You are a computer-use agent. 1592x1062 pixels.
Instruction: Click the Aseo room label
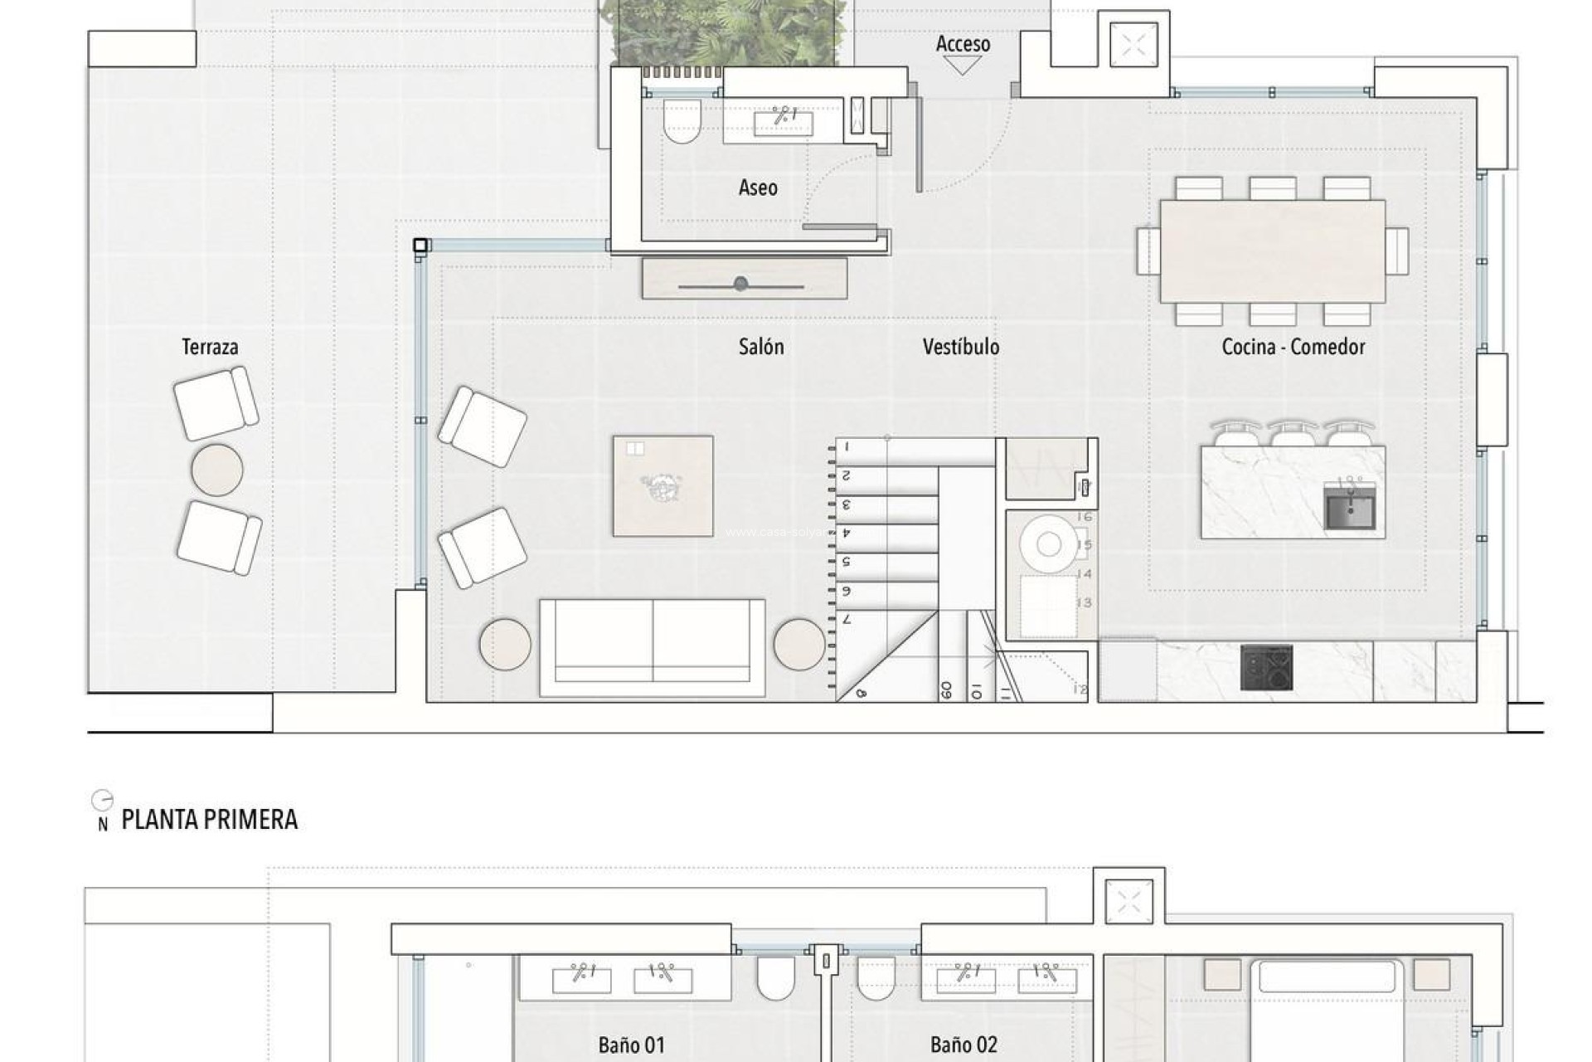point(758,188)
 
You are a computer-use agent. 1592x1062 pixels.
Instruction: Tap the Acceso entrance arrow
point(963,66)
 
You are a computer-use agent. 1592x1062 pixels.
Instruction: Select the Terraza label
point(210,347)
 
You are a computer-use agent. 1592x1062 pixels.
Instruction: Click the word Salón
point(761,347)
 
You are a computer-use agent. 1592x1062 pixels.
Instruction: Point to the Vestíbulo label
point(961,347)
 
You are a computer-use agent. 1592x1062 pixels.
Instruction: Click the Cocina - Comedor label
point(1293,347)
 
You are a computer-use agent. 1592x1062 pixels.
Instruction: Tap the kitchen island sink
point(1350,507)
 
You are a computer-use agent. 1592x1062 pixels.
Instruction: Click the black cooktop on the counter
point(1266,668)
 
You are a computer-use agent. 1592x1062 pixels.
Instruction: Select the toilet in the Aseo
point(682,121)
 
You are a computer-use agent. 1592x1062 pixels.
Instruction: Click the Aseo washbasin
point(783,123)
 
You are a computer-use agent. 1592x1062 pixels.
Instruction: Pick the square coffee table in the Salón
point(663,485)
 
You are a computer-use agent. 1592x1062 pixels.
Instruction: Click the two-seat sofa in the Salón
point(653,647)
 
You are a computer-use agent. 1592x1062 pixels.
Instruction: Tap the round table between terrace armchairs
point(217,470)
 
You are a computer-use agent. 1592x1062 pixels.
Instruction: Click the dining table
point(1272,251)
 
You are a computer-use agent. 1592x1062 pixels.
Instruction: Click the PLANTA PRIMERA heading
point(209,820)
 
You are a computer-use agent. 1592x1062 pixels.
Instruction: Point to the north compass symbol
point(102,801)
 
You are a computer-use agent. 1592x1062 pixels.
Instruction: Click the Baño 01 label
point(631,1045)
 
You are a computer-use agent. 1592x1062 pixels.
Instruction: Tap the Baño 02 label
point(963,1045)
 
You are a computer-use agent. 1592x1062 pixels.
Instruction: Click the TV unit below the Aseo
point(744,279)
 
